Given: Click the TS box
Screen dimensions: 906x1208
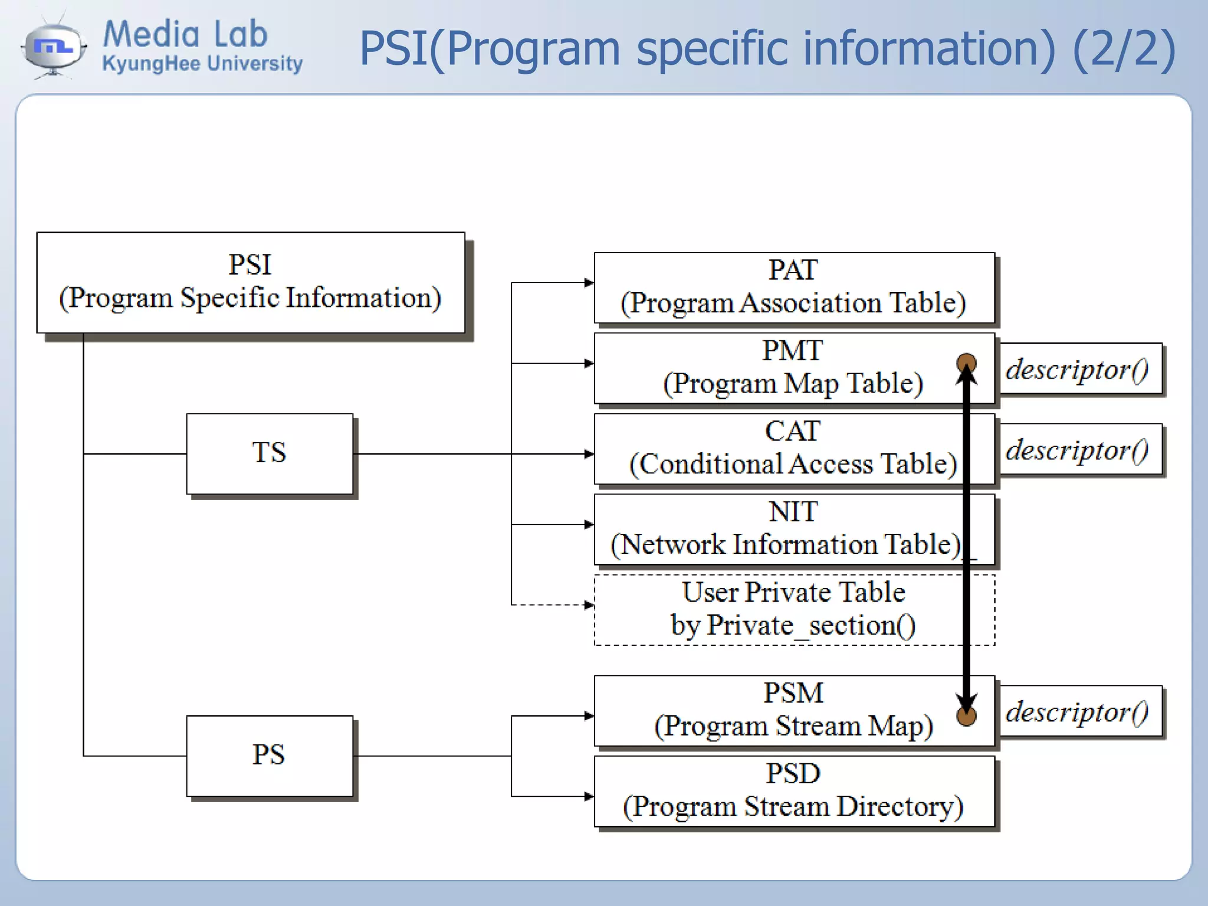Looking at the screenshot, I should coord(270,454).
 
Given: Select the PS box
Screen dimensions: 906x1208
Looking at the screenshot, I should coord(270,756).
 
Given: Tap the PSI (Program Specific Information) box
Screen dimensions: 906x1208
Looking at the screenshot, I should coord(250,283).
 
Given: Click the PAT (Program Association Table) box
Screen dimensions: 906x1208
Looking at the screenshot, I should coord(794,288).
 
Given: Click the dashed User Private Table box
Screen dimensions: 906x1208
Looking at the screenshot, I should coord(794,610).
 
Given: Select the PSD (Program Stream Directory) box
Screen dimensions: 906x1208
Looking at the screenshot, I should coord(794,791).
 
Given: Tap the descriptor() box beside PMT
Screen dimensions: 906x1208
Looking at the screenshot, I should coord(1081,369).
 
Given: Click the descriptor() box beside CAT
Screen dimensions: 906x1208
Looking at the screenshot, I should coord(1081,449).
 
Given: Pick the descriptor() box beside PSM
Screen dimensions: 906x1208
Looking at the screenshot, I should coord(1081,711).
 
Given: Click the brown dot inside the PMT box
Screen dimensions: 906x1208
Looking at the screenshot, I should coord(966,362).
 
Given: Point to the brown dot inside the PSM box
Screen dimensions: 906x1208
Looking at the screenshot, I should coord(966,717).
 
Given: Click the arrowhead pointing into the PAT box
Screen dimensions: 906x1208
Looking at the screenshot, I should coord(589,283).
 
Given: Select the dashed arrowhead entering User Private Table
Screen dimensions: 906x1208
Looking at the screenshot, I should coord(589,605).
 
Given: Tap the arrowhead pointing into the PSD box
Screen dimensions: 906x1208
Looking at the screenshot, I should coord(589,796).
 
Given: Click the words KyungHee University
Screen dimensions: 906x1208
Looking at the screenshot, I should coord(202,63).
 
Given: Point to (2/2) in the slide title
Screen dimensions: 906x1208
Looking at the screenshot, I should coord(1124,48).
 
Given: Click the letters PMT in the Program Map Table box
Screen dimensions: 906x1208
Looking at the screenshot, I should coord(792,351).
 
